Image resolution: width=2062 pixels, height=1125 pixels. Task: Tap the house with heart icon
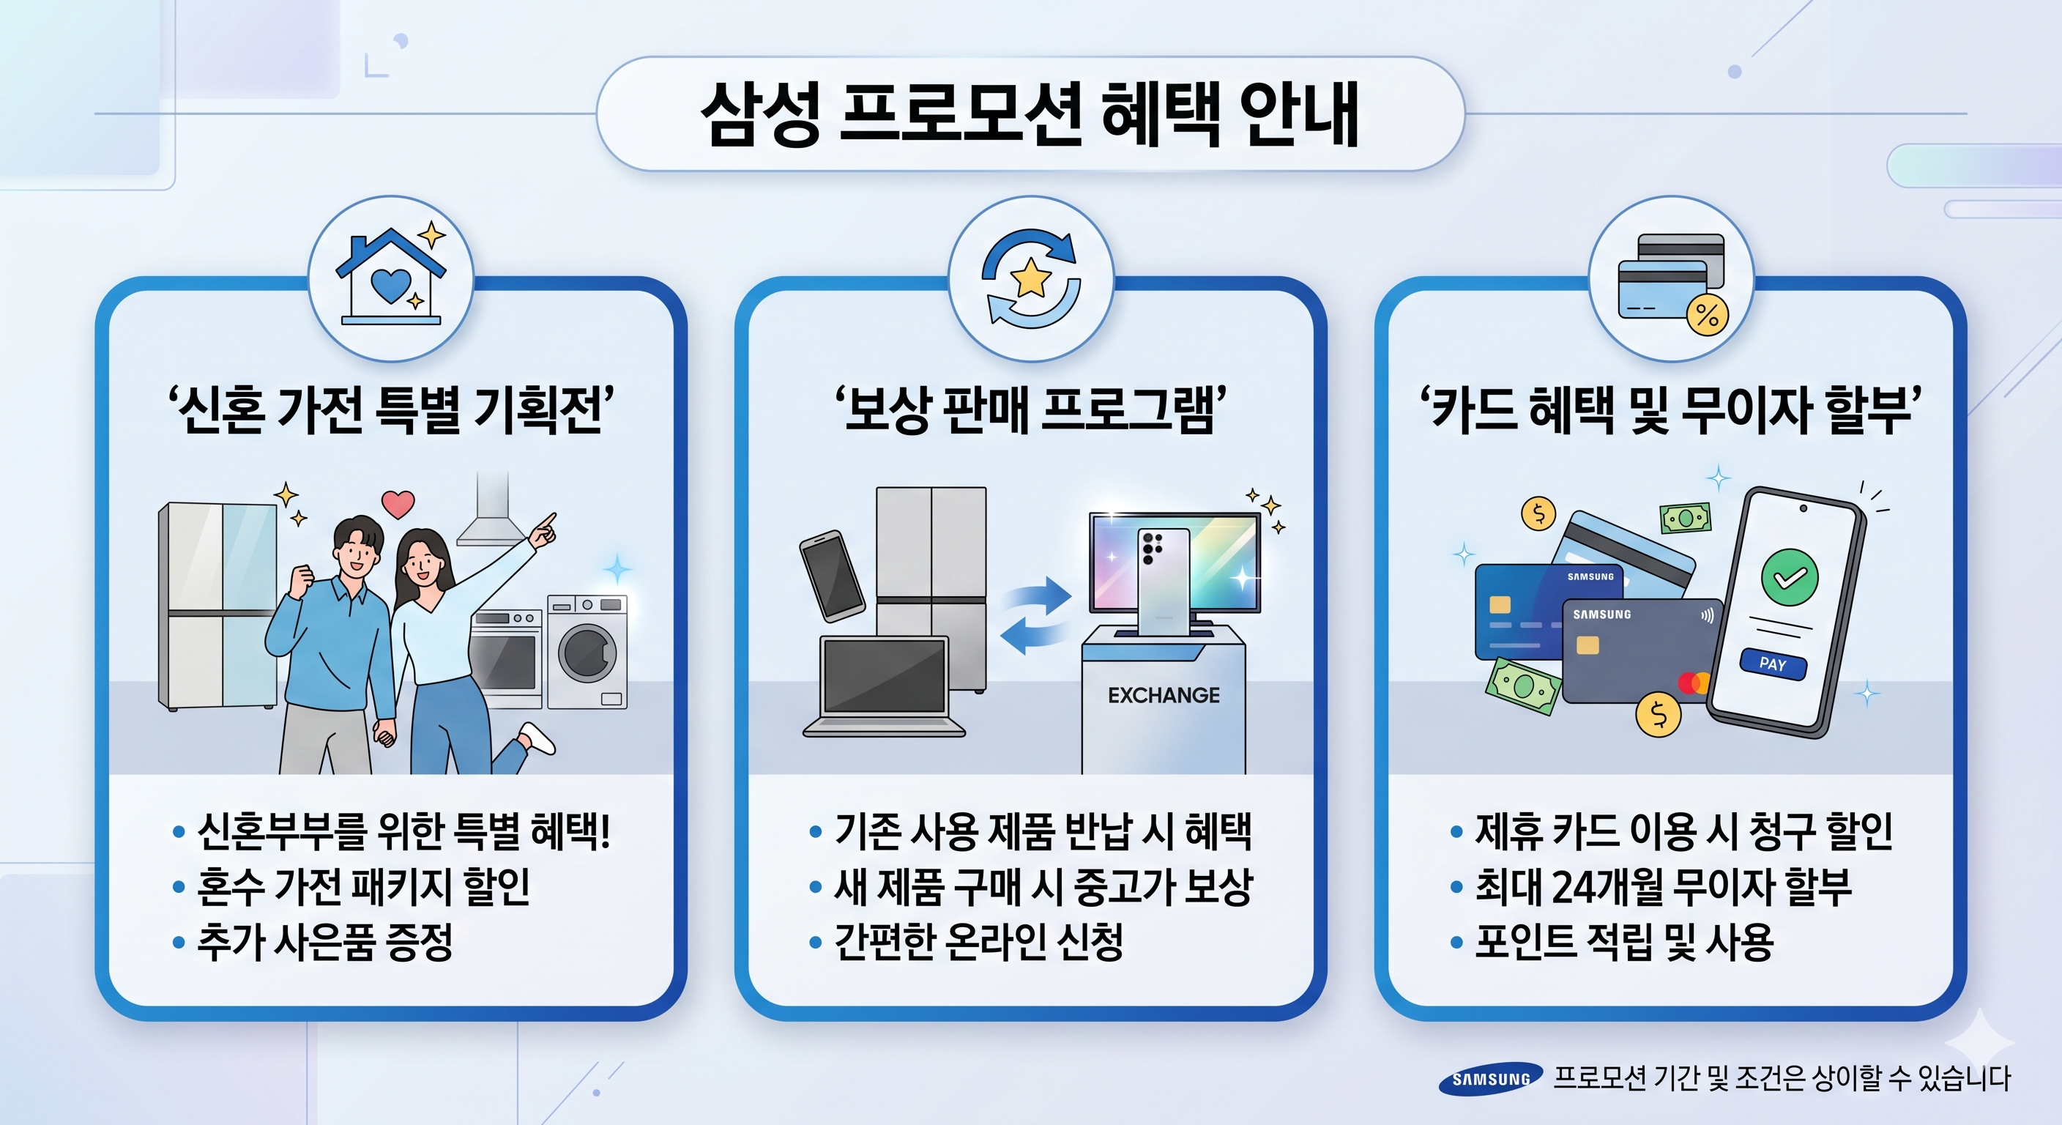tap(390, 276)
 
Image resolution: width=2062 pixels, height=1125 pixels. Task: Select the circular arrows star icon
tap(1031, 278)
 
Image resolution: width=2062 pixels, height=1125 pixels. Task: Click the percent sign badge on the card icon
tap(1708, 315)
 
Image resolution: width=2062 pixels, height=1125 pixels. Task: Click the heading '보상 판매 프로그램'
tap(1031, 409)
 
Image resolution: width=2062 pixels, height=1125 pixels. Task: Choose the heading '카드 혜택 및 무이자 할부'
tap(1672, 409)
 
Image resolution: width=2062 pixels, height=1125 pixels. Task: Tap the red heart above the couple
tap(398, 504)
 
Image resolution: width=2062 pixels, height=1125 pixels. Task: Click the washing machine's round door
tap(587, 653)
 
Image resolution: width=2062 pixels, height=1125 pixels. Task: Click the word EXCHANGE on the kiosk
tap(1164, 695)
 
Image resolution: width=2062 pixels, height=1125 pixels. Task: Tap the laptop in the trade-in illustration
tap(885, 686)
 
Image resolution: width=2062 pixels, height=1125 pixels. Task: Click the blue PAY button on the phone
tap(1773, 664)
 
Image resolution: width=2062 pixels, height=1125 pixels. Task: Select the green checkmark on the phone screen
tap(1790, 576)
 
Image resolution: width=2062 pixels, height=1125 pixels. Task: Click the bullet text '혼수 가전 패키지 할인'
tap(363, 886)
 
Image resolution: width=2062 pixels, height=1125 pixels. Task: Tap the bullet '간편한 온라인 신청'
tap(979, 942)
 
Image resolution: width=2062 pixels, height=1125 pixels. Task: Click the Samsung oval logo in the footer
tap(1490, 1080)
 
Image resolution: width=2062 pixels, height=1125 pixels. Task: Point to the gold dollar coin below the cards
tap(1659, 714)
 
